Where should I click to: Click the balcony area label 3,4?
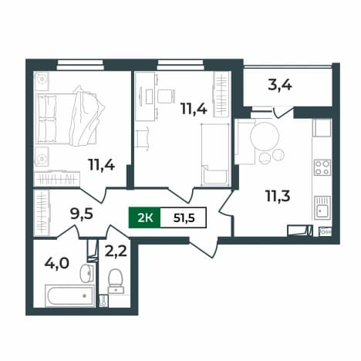(x=280, y=86)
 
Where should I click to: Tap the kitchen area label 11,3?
(x=278, y=196)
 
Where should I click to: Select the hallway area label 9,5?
(x=82, y=214)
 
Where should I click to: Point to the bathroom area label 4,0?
(x=57, y=263)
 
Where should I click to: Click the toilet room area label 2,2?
(x=116, y=251)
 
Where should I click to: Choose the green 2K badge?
(x=144, y=218)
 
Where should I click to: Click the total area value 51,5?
(x=184, y=218)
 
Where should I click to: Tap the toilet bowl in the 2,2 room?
(x=115, y=280)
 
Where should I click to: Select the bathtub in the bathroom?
(x=70, y=295)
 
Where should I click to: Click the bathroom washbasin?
(x=87, y=273)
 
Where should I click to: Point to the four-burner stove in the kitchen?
(x=322, y=167)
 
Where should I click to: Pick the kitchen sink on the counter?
(x=322, y=207)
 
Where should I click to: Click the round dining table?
(x=265, y=137)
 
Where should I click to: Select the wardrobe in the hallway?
(x=42, y=213)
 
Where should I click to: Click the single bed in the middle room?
(x=215, y=154)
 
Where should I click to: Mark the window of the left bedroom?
(x=80, y=65)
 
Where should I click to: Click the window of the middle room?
(x=180, y=65)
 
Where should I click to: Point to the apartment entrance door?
(x=203, y=248)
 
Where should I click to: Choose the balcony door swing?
(x=283, y=113)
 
